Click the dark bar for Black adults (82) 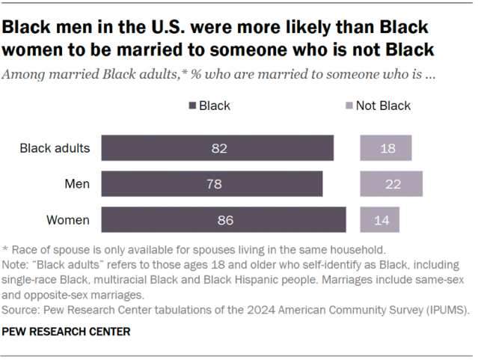pyautogui.click(x=218, y=148)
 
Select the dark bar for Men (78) pyautogui.click(x=212, y=184)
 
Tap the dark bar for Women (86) pyautogui.click(x=224, y=220)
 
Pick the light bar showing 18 pyautogui.click(x=386, y=148)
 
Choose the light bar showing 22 pyautogui.click(x=391, y=184)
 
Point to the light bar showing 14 pyautogui.click(x=380, y=220)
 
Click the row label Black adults pyautogui.click(x=55, y=148)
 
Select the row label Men pyautogui.click(x=76, y=184)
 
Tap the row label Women pyautogui.click(x=68, y=220)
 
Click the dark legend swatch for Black pyautogui.click(x=192, y=106)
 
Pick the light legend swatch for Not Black pyautogui.click(x=348, y=106)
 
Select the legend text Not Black pyautogui.click(x=383, y=106)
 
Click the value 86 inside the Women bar pyautogui.click(x=224, y=220)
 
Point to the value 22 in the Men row pyautogui.click(x=391, y=184)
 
